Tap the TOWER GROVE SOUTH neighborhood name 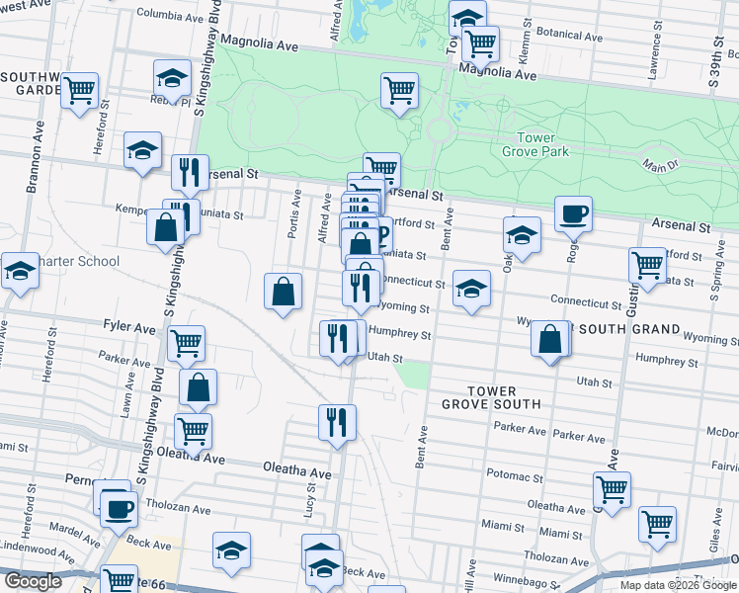point(490,396)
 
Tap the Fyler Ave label point(129,325)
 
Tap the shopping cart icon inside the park point(400,90)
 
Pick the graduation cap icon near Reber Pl point(172,78)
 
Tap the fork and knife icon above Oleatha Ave point(337,422)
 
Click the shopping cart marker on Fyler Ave point(186,343)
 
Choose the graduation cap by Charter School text point(20,271)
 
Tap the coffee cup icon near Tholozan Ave point(120,510)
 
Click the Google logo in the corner point(33,582)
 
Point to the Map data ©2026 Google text point(679,585)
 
